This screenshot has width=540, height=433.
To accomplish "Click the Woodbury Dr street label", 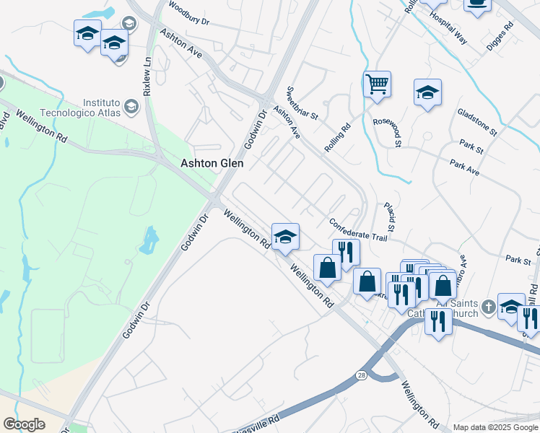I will (x=188, y=14).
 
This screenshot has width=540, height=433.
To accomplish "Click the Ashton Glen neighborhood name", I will (x=211, y=164).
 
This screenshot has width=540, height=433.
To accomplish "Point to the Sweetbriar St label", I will (x=302, y=104).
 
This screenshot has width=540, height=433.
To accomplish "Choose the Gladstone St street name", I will (x=477, y=122).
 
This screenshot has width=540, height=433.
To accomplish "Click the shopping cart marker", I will (x=377, y=84).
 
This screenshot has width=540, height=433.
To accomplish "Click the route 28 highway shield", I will (x=361, y=375).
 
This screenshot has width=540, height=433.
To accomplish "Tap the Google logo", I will (x=24, y=424).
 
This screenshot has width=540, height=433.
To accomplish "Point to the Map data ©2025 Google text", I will (x=495, y=427).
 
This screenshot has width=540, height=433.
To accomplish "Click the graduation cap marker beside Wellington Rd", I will (x=285, y=236).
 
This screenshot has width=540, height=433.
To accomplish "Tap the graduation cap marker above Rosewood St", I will (x=427, y=92).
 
